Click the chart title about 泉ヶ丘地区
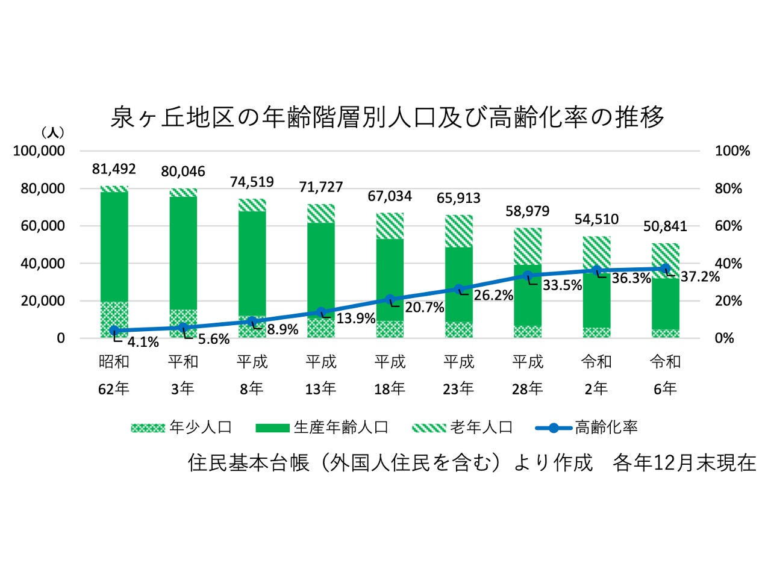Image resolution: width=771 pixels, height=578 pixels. [387, 117]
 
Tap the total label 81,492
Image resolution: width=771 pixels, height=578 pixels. [114, 169]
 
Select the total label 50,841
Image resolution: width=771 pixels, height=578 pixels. [665, 226]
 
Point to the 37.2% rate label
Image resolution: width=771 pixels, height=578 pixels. [700, 277]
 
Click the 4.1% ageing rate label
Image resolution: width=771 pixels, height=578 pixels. [143, 343]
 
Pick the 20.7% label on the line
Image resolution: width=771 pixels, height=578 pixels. [424, 308]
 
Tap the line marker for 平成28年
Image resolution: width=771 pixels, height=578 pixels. [528, 276]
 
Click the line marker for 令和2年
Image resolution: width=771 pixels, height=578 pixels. [596, 271]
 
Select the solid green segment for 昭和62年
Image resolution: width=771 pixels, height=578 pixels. [114, 247]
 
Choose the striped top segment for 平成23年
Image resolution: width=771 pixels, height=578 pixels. [459, 231]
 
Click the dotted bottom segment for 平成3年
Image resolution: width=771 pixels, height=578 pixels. [183, 323]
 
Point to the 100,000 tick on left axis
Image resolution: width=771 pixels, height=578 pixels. [39, 151]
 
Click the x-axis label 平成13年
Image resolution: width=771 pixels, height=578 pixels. [321, 374]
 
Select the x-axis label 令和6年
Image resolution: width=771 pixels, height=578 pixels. [665, 374]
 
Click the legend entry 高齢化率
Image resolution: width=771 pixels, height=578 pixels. [587, 427]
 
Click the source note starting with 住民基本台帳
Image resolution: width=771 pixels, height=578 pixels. [472, 462]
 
